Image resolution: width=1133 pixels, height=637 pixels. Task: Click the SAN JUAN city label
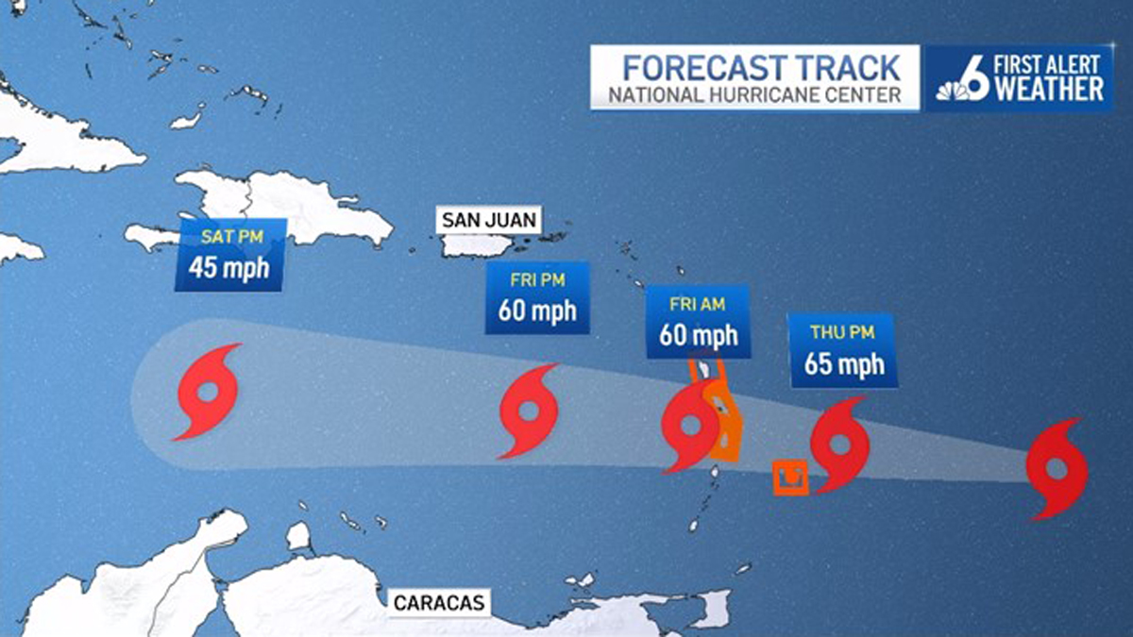488,221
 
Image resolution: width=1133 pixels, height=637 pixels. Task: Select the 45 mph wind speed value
228,267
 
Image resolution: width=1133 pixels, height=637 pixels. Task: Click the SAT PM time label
227,238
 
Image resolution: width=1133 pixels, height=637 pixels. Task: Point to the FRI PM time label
537,281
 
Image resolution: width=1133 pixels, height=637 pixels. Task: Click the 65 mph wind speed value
844,363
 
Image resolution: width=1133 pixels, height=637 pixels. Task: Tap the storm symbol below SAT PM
208,392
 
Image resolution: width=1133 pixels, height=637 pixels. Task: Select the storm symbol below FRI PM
529,411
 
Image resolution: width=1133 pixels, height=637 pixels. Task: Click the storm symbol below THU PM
839,444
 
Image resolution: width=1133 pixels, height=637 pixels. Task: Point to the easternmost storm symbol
1057,469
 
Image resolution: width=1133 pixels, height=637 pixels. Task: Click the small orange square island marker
790,478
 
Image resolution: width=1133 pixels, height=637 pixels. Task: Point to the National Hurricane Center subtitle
749,95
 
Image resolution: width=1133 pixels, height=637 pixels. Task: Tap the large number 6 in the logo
978,77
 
